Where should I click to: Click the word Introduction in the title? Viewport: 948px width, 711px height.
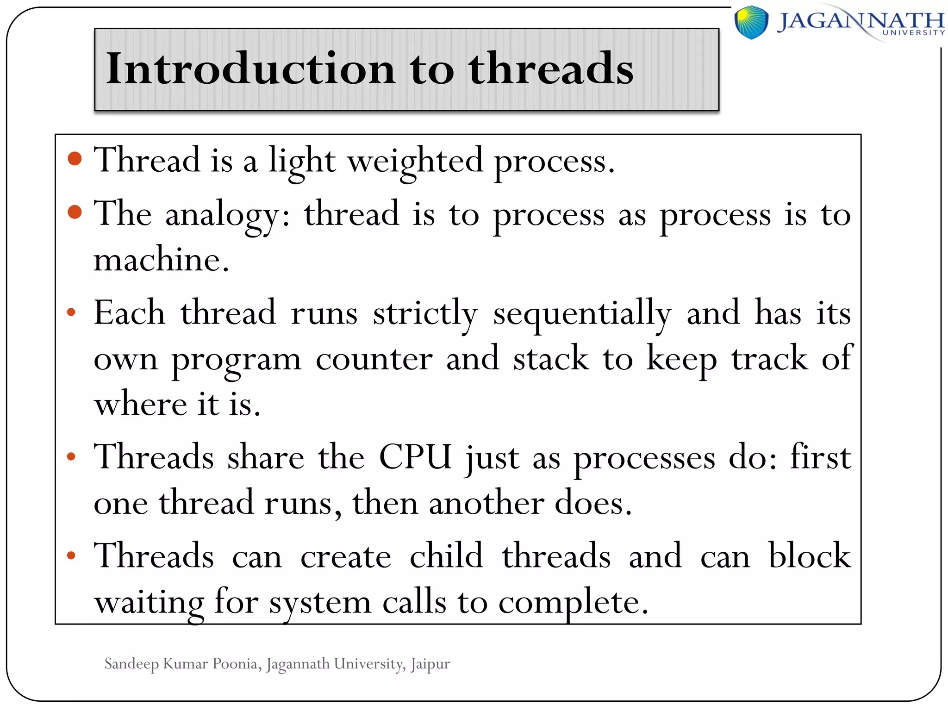[250, 69]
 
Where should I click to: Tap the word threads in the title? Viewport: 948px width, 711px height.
[550, 69]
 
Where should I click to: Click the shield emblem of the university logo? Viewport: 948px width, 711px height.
[751, 22]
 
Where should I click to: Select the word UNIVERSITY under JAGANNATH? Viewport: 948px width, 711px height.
[913, 33]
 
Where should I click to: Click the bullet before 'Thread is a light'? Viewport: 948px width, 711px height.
[75, 159]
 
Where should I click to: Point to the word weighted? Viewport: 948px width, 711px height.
[415, 161]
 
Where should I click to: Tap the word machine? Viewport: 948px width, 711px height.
[161, 260]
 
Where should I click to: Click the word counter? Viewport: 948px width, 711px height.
[374, 359]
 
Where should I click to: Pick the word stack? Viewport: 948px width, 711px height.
[551, 359]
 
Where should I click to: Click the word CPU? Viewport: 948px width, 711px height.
[415, 457]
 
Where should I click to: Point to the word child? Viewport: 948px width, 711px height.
[446, 555]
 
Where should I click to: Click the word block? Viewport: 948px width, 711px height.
[809, 555]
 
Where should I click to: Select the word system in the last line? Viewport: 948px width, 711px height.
[320, 603]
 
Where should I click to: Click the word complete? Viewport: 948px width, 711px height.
[573, 603]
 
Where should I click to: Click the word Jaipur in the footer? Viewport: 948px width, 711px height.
[430, 664]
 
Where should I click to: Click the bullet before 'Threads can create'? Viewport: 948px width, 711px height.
[71, 555]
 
